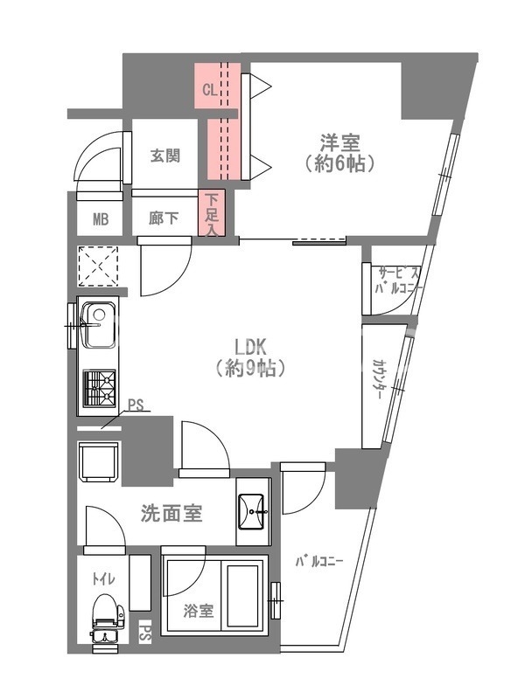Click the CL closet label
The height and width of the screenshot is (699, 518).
(x=209, y=89)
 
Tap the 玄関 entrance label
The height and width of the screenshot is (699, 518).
(x=164, y=156)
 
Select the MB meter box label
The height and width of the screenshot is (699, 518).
(x=101, y=219)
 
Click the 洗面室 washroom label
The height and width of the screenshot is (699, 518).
(x=171, y=513)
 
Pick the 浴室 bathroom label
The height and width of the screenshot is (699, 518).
(x=198, y=611)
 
